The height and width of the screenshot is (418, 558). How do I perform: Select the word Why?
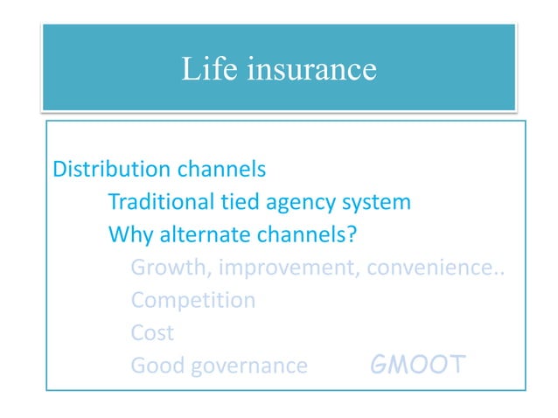point(128,236)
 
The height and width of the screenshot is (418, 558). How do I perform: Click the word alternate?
point(198,236)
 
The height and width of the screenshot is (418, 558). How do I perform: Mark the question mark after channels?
point(358,236)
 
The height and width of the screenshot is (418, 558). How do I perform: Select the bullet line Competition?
point(193,301)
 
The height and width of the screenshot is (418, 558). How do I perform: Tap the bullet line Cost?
point(152,333)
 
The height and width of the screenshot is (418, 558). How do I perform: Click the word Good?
point(154,366)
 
